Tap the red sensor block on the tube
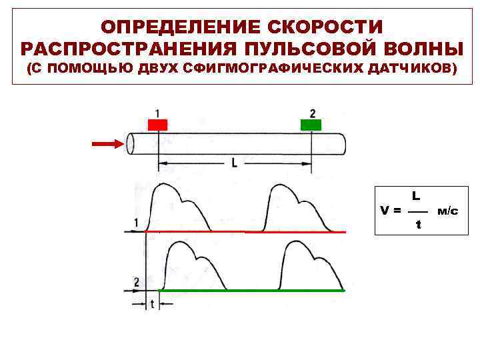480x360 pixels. click(x=158, y=125)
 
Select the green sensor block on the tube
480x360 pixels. click(x=311, y=125)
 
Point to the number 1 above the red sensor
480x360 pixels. click(x=157, y=112)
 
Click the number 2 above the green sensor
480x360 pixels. click(x=312, y=112)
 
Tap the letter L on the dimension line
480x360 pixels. click(x=234, y=163)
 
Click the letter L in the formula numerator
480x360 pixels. click(x=415, y=196)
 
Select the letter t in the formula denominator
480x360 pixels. click(x=418, y=225)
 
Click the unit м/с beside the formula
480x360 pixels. click(x=447, y=211)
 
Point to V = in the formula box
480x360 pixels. click(x=391, y=211)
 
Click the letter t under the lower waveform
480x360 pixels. click(x=153, y=304)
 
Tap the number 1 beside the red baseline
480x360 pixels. click(x=136, y=223)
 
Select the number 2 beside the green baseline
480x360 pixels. click(x=137, y=283)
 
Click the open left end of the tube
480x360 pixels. click(x=131, y=143)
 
